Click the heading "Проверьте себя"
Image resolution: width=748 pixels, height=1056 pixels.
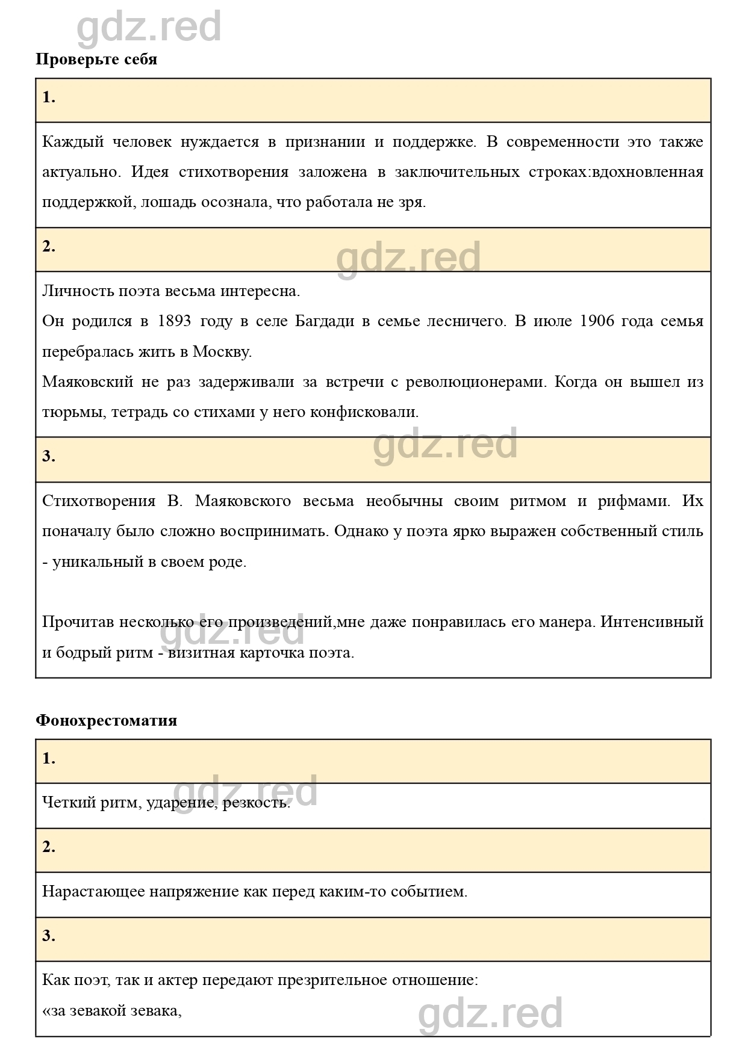[96, 60]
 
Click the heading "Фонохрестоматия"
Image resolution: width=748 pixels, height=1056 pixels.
[106, 720]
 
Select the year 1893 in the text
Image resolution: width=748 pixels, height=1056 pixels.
[174, 321]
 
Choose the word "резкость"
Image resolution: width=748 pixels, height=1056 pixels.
[256, 802]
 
